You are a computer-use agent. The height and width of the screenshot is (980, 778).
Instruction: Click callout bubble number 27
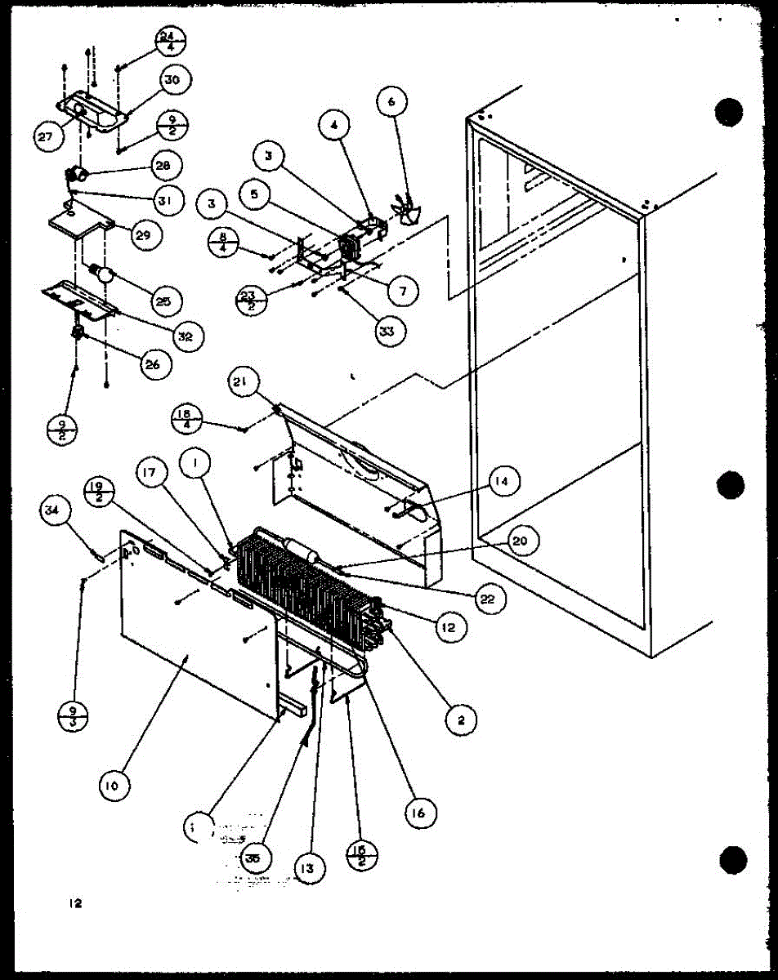click(45, 136)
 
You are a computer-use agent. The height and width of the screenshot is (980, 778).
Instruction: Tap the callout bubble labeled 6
click(391, 102)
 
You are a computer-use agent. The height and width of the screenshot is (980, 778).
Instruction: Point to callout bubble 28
click(163, 165)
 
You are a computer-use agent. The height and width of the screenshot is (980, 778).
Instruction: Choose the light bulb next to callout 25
click(102, 273)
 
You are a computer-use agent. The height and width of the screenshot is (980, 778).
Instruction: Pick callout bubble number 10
click(113, 786)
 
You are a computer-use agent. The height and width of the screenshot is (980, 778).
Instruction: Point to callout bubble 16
click(422, 813)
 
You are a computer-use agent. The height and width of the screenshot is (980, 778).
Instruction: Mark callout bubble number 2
click(461, 719)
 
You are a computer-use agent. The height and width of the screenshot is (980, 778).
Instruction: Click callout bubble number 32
click(186, 336)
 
